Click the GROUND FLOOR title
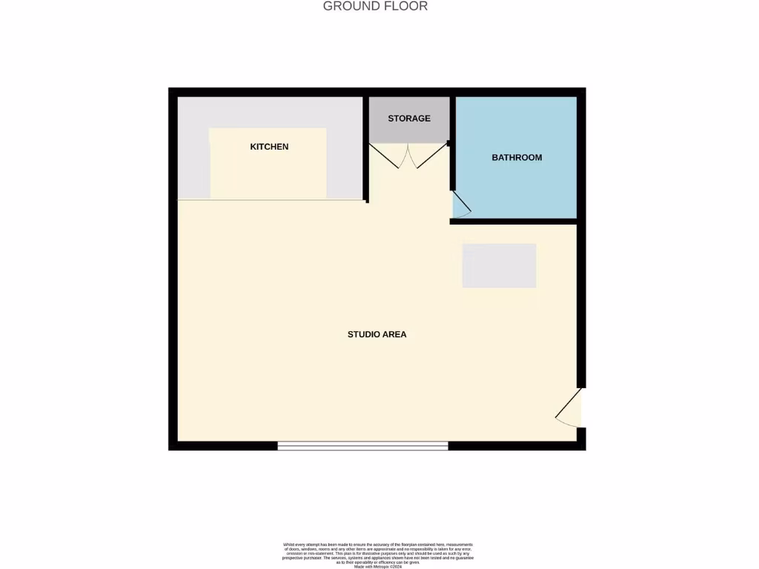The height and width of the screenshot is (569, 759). point(375,7)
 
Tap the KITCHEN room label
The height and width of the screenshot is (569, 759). point(269,147)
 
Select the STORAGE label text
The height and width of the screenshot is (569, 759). point(408,119)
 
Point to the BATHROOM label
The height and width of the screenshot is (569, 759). point(517,158)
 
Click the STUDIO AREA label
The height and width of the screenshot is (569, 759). point(377,334)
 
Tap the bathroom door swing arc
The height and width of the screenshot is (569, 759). point(460,205)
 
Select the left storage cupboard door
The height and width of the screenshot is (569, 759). point(387,156)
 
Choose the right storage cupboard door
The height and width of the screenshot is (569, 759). point(428,156)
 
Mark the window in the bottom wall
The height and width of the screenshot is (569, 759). point(363,445)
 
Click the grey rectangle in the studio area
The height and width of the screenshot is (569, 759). point(499,265)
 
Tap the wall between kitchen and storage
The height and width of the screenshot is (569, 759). point(366,148)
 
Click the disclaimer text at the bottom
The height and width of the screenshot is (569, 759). point(378,555)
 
